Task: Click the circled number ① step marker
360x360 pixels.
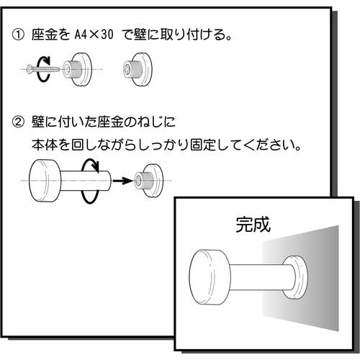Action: point(18,35)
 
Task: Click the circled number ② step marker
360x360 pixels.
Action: point(18,122)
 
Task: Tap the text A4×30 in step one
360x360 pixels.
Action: point(94,35)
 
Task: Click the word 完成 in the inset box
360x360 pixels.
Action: point(253,225)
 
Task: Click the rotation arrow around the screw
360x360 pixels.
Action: point(43,69)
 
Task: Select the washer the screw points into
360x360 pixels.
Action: point(77,69)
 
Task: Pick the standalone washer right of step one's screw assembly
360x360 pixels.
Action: point(138,69)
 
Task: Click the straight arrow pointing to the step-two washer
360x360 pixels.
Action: point(122,181)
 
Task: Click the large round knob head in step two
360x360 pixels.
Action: point(45,181)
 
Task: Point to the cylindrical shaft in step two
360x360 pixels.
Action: point(86,181)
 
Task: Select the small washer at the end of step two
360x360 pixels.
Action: point(149,181)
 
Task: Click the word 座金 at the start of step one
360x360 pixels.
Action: point(45,35)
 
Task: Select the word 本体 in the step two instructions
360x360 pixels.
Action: point(45,145)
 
